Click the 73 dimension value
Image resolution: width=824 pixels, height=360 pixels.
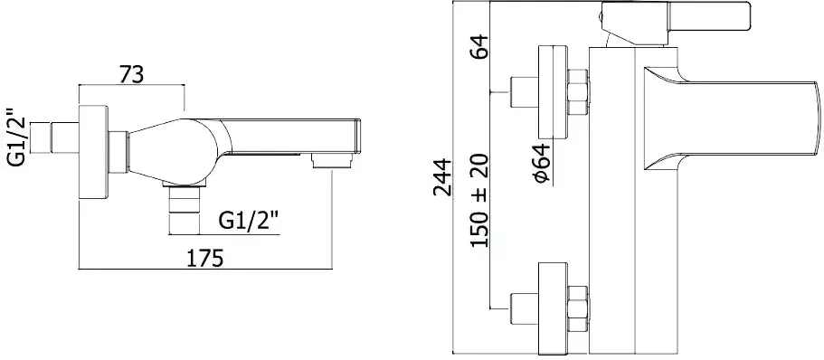131,75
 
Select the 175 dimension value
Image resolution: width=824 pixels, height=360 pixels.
206,258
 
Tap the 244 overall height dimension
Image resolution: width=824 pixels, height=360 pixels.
442,177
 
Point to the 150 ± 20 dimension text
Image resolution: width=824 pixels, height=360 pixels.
479,202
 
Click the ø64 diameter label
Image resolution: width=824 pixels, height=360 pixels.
542,164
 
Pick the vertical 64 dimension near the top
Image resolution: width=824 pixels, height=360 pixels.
479,46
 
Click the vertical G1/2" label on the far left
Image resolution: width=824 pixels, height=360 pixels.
18,137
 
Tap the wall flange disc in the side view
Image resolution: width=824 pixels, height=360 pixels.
94,152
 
